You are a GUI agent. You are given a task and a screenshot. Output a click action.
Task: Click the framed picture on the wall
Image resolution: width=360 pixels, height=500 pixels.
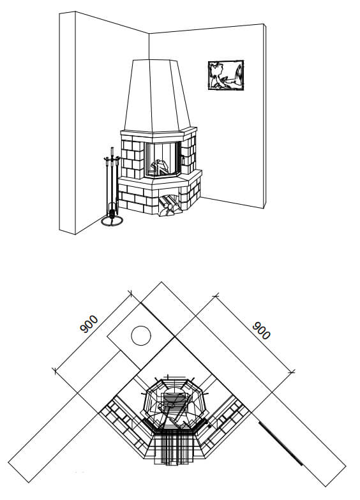(226, 75)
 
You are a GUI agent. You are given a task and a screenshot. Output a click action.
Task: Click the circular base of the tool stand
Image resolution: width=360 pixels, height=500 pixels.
(112, 221)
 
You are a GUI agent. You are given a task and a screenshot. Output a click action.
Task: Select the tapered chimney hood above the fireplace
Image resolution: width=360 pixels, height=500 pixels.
(157, 96)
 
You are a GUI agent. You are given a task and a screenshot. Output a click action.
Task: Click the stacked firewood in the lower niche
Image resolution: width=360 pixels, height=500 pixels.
(169, 205)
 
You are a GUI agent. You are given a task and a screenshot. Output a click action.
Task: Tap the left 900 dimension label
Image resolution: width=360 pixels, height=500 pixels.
(89, 324)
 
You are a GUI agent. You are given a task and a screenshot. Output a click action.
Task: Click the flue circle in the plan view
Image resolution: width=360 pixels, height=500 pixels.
(141, 335)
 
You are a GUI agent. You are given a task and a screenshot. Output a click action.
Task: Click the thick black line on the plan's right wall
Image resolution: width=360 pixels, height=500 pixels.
(280, 443)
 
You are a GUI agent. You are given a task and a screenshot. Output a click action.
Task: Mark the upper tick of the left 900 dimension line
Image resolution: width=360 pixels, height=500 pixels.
(130, 293)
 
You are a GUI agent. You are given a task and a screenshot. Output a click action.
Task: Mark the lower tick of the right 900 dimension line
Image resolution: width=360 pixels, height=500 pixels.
(291, 372)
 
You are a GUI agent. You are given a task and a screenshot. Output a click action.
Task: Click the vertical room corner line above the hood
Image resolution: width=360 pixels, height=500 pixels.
(149, 46)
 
